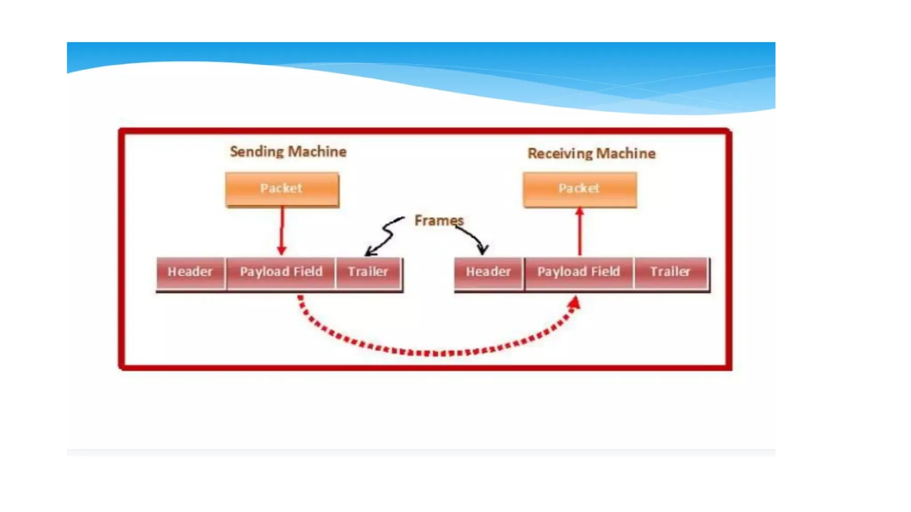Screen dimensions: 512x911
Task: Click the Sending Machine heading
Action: [288, 152]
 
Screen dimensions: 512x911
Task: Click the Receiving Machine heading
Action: [591, 153]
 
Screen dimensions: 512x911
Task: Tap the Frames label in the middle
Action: [438, 220]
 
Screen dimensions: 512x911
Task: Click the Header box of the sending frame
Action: [190, 272]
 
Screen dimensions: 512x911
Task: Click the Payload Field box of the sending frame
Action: [281, 272]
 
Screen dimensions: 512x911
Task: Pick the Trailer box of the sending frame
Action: [368, 272]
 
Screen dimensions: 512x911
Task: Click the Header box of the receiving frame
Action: [488, 272]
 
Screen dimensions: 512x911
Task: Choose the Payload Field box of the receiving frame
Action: [579, 272]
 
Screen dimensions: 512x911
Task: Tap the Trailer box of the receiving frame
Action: [670, 272]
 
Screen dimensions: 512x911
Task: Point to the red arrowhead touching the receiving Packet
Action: [580, 212]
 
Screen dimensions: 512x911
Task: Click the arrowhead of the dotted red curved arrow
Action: [575, 304]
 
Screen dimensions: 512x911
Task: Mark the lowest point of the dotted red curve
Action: [438, 353]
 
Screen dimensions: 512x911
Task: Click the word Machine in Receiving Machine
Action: [626, 153]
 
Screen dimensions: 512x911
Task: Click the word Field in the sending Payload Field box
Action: [308, 272]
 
